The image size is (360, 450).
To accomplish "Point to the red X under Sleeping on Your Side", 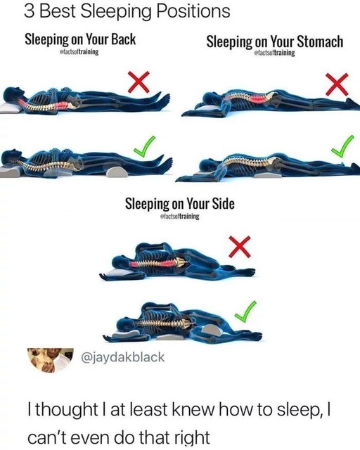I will point(240,246).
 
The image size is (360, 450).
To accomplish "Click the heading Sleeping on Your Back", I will point(80,39).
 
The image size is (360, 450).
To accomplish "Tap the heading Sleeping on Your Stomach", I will point(275,41).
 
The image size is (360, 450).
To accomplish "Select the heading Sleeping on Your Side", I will point(179,204).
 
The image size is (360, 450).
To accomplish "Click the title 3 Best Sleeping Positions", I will point(116,12).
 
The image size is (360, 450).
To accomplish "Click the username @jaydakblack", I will point(124,356).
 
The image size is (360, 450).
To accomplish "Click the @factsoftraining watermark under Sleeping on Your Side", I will point(180,217).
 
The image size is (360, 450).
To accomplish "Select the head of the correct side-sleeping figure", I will point(120,326).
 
